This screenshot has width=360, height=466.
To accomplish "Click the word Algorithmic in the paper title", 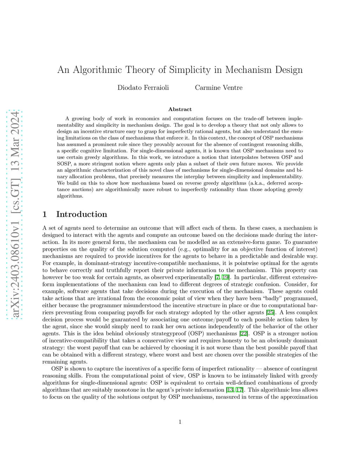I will (x=96, y=70).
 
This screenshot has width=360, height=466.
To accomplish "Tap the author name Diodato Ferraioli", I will (x=143, y=88).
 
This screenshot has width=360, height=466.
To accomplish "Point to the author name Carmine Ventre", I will (x=219, y=88).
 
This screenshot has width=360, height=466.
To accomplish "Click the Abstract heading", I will (x=180, y=109).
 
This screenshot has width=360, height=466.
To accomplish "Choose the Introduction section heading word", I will (x=82, y=214).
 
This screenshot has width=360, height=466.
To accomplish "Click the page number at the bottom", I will (x=180, y=422).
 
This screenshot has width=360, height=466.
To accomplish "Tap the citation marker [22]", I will (x=244, y=333).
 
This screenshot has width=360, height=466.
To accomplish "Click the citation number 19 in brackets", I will (x=225, y=277).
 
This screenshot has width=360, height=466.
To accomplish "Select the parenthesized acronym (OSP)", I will (x=197, y=333).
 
